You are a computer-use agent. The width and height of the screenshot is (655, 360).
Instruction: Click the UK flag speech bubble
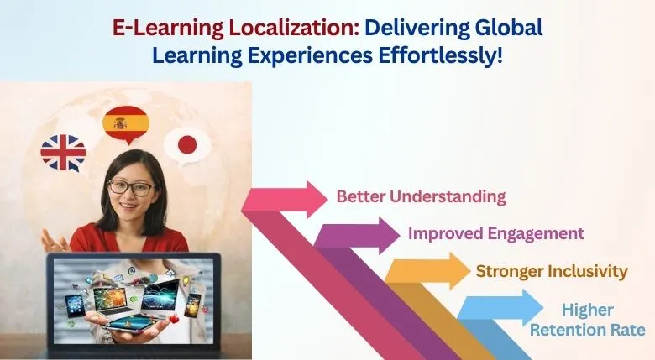click(64, 153)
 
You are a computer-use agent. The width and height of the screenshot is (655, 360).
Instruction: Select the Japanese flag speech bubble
click(186, 145)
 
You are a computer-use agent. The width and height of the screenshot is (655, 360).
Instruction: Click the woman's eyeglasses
click(131, 187)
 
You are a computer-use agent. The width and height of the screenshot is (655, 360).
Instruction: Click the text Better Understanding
click(421, 197)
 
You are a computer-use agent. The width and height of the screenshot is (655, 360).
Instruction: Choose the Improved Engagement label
click(495, 233)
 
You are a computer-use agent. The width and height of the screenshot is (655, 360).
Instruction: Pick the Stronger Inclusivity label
click(552, 271)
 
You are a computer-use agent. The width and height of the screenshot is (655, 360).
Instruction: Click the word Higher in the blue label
click(589, 310)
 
